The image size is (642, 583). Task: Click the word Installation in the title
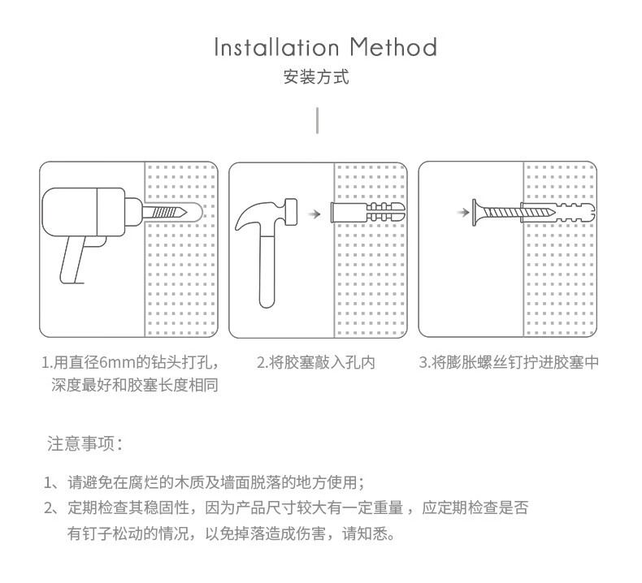pyautogui.click(x=276, y=47)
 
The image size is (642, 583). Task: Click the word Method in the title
pyautogui.click(x=393, y=47)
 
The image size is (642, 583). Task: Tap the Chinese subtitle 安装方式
pyautogui.click(x=316, y=78)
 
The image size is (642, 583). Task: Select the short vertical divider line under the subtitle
pyautogui.click(x=317, y=120)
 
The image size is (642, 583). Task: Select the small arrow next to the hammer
pyautogui.click(x=313, y=214)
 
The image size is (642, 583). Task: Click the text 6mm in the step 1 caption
pyautogui.click(x=117, y=362)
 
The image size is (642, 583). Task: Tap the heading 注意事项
pyautogui.click(x=85, y=444)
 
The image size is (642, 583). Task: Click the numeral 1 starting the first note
pyautogui.click(x=48, y=483)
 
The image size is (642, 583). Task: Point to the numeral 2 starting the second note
pyautogui.click(x=48, y=509)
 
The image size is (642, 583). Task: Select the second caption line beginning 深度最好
pyautogui.click(x=134, y=385)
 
